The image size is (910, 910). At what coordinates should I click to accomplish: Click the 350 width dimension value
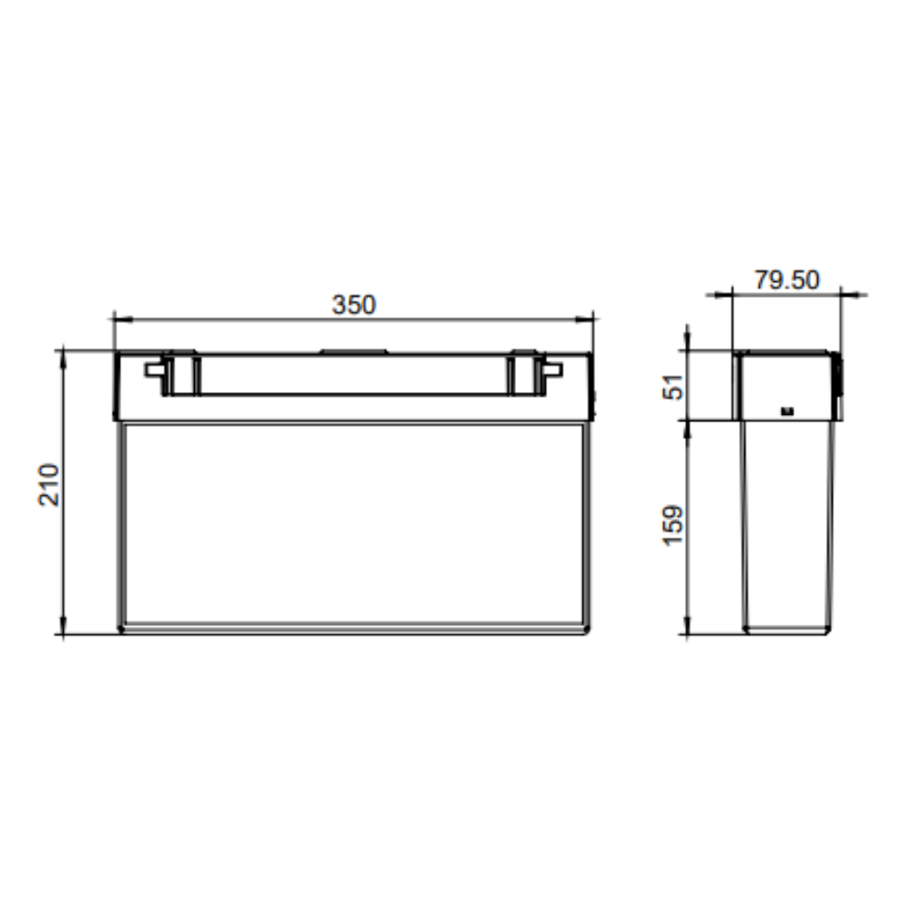tap(353, 305)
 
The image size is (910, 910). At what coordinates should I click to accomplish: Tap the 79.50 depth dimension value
tap(786, 279)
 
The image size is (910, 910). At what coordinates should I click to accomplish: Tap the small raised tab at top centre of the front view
tap(354, 351)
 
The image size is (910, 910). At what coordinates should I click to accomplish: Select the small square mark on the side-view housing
tap(788, 410)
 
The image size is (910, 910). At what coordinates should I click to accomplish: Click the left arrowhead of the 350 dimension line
tap(119, 319)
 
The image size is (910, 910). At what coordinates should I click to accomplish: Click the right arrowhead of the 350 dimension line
tap(588, 319)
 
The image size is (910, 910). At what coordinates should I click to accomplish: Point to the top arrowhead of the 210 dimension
tap(63, 356)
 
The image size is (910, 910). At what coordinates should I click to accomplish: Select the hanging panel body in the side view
tap(787, 526)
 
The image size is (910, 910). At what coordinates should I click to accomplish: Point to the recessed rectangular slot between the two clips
tap(353, 375)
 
